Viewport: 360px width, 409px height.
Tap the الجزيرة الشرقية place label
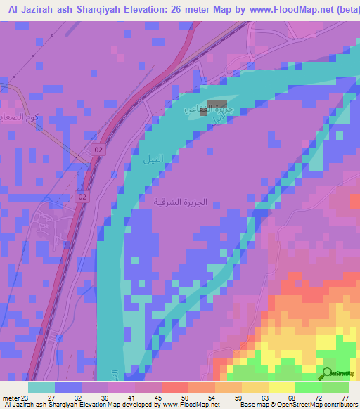click(182, 202)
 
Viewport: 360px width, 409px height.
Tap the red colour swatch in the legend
click(174, 387)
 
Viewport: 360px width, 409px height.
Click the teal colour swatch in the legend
click(41, 387)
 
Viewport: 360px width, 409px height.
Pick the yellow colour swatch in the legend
click(281, 387)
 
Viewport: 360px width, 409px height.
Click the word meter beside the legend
click(11, 397)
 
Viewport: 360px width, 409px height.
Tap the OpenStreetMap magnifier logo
click(328, 372)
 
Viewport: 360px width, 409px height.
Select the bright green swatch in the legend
click(308, 387)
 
